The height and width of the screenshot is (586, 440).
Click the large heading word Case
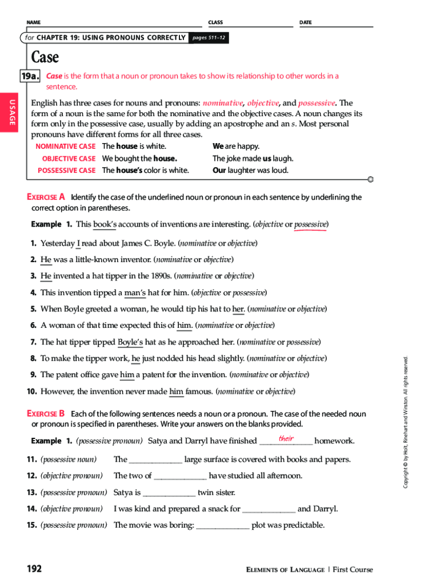click(45, 57)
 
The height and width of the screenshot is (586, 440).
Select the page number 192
click(34, 569)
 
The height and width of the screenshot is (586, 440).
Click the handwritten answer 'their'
click(286, 439)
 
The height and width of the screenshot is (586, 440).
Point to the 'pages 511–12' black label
click(209, 38)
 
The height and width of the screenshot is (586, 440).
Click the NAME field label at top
click(33, 22)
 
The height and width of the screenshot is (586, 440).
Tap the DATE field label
click(306, 22)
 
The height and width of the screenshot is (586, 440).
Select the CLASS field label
click(215, 22)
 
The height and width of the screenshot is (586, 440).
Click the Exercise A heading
click(46, 197)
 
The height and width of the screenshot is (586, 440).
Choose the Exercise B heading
click(46, 413)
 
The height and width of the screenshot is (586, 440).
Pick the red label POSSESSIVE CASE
click(66, 171)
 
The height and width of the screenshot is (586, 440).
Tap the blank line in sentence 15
click(223, 526)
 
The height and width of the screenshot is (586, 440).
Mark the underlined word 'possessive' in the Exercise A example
click(310, 224)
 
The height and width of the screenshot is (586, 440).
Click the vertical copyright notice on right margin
click(406, 422)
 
